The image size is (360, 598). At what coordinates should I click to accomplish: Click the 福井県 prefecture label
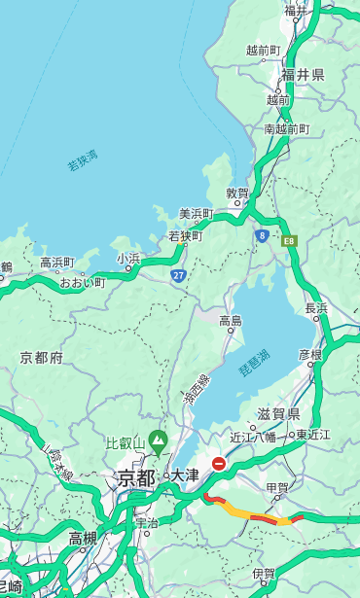304,75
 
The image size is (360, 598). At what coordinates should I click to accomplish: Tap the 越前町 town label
263,50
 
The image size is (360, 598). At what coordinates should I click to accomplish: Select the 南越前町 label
286,128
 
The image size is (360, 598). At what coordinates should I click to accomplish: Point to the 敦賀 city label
237,193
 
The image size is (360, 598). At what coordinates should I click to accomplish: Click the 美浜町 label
196,214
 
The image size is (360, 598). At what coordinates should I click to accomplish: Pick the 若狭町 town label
185,235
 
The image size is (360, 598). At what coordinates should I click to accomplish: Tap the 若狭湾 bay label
83,160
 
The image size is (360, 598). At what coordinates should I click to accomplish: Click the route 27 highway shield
178,276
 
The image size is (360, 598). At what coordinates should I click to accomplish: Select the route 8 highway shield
262,235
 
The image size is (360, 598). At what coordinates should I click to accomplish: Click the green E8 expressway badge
289,238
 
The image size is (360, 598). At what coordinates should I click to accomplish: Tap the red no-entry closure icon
220,464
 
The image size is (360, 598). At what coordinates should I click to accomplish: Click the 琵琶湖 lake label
254,366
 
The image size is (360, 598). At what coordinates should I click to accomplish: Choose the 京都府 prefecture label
41,358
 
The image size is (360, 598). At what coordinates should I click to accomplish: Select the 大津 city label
184,476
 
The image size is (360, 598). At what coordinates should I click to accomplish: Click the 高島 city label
231,321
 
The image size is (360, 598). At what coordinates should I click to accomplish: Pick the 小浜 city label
128,259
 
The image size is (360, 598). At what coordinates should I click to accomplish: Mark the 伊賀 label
263,574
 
